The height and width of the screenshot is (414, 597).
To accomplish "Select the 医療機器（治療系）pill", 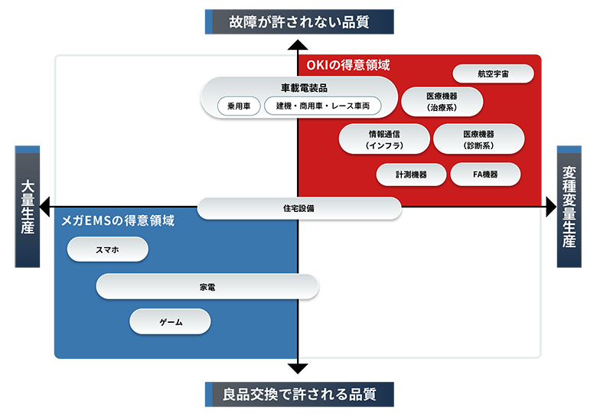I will [x=442, y=102].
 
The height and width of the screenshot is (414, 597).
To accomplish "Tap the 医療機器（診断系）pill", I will [x=478, y=139].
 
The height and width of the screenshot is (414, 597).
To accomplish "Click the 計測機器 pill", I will [x=411, y=174].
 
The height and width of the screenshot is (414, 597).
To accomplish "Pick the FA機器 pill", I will [x=484, y=174].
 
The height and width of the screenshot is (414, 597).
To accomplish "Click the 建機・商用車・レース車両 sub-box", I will [x=322, y=106].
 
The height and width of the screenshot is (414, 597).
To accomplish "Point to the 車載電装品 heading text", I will [x=298, y=87].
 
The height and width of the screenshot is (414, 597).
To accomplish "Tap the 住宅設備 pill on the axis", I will [x=298, y=208].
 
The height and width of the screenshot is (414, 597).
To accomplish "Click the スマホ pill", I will [x=107, y=249].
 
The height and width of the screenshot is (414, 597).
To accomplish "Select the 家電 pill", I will [x=207, y=287].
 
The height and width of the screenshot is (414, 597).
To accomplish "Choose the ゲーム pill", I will [x=170, y=321].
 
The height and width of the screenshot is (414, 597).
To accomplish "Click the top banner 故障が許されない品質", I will [x=298, y=22].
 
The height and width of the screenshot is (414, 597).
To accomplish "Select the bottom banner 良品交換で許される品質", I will [x=299, y=395].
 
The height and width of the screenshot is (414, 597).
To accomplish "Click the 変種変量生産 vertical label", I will [x=569, y=207].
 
